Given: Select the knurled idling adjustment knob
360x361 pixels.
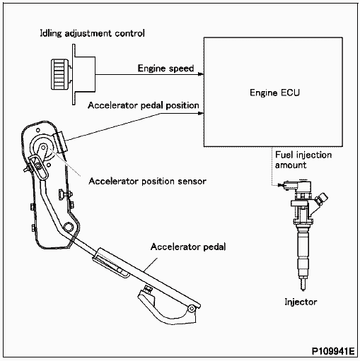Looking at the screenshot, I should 59,73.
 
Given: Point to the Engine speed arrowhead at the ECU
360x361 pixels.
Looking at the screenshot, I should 200,73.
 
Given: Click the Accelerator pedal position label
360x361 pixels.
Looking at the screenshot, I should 144,106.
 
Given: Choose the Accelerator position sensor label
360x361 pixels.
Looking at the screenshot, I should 147,181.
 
